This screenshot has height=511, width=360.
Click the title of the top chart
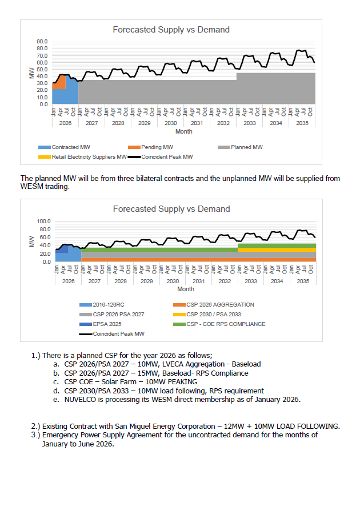tap(171, 30)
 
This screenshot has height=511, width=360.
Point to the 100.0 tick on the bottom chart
tap(43, 221)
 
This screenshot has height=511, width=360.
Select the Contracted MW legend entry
tap(70, 147)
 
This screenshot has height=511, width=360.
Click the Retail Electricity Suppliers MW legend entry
tap(89, 156)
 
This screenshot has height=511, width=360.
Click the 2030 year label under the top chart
tap(170, 123)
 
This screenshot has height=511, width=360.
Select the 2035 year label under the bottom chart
tap(303, 281)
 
